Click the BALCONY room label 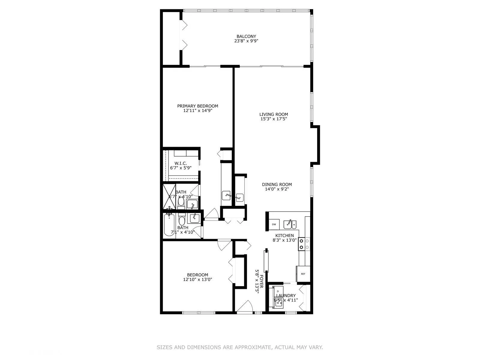246,37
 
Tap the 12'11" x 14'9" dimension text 198,110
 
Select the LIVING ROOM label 274,114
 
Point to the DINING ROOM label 277,184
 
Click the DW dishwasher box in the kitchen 274,224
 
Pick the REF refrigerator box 303,274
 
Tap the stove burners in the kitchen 304,244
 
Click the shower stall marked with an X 169,197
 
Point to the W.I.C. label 181,163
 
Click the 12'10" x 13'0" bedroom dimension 198,279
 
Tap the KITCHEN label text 285,235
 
